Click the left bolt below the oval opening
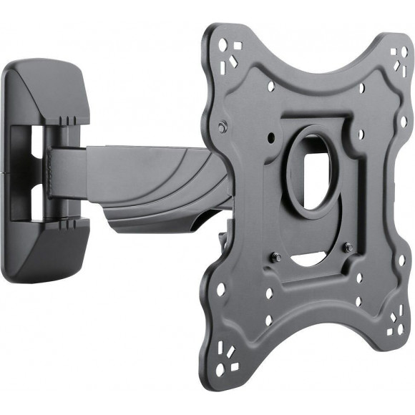[276, 257]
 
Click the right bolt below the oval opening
[348, 248]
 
